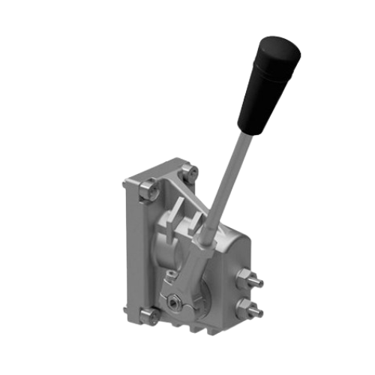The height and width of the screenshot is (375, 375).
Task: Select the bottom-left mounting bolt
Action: pyautogui.click(x=149, y=316)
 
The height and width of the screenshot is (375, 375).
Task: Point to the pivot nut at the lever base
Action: pyautogui.click(x=175, y=302)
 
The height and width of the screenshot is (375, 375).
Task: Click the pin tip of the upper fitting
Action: pyautogui.click(x=261, y=283)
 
